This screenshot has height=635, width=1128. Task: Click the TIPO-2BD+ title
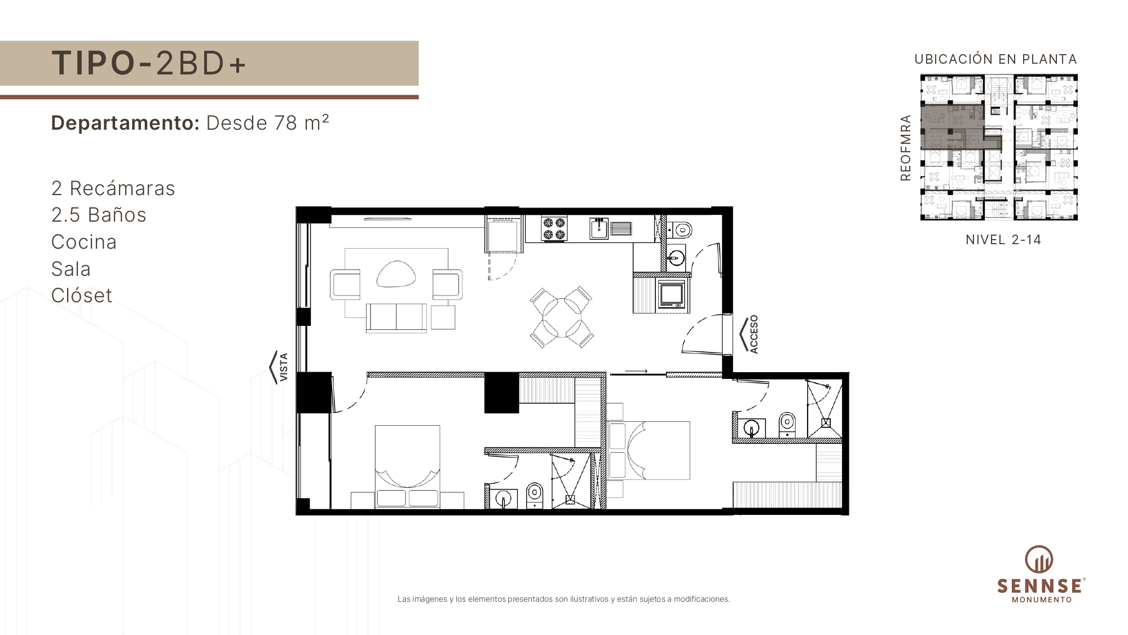pos(149,63)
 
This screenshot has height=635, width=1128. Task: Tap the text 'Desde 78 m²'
pos(268,122)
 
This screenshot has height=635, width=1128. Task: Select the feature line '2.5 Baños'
pos(99,215)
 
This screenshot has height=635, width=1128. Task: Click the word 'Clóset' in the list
pos(82,296)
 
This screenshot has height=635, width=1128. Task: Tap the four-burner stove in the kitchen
pos(554,228)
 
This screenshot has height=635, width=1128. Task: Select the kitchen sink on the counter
pos(599,228)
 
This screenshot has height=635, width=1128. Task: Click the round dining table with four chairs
pos(562,318)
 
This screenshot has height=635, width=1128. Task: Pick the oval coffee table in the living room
pos(396,274)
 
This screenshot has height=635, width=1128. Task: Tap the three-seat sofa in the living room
pos(396,318)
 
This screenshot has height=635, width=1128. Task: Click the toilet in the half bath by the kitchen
pos(681,230)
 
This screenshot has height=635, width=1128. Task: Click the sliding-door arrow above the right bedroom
pos(636,371)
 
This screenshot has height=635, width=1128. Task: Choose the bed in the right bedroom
pos(649,451)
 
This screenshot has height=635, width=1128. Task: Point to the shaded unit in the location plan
pos(953,127)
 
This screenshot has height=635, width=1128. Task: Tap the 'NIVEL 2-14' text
pos(1003,240)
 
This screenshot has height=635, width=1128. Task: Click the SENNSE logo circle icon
pos(1039,559)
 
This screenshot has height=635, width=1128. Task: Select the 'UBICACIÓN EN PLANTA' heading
pos(996,59)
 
